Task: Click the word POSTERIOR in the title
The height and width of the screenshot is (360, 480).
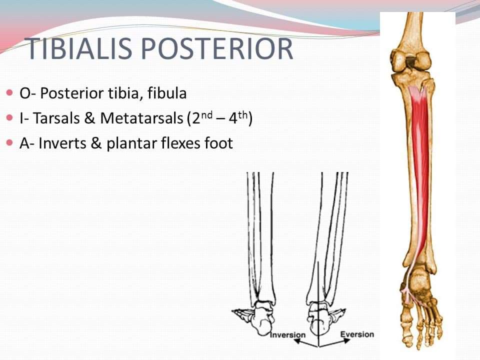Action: pyautogui.click(x=217, y=48)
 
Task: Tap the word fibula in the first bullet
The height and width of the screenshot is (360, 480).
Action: pyautogui.click(x=167, y=93)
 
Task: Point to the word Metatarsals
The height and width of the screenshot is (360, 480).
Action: pyautogui.click(x=141, y=118)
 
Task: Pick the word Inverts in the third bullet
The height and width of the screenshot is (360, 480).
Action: pyautogui.click(x=62, y=143)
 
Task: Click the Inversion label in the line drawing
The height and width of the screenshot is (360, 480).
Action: pyautogui.click(x=288, y=335)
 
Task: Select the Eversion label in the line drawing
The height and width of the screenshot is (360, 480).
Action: pyautogui.click(x=357, y=334)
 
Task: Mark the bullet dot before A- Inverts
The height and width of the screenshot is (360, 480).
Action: pyautogui.click(x=10, y=142)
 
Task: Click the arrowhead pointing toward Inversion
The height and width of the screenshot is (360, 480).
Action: pyautogui.click(x=296, y=341)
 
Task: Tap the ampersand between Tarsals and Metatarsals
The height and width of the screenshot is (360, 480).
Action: pyautogui.click(x=90, y=118)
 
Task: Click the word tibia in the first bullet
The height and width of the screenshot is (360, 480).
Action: pyautogui.click(x=125, y=93)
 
